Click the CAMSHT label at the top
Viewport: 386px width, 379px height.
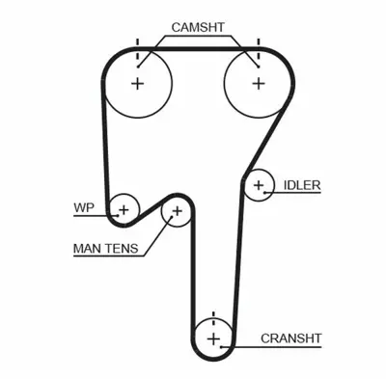(x=199, y=26)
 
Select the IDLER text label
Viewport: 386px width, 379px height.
(x=302, y=185)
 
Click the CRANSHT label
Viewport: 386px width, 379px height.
(x=290, y=338)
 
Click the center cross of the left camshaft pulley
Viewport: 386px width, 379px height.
(x=137, y=83)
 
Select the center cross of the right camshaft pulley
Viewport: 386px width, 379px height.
(x=258, y=83)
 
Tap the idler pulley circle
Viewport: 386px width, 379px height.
(x=259, y=185)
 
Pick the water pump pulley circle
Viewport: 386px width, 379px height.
(x=124, y=206)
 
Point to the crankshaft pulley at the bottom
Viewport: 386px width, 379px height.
(x=213, y=338)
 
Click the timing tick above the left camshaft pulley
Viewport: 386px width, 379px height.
(x=137, y=45)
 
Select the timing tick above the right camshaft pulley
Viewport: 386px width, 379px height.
(x=258, y=45)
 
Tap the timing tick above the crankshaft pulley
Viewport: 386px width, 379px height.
(x=213, y=314)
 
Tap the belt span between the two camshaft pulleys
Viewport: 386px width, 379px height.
(x=198, y=46)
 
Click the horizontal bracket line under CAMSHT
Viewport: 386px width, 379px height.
(x=198, y=40)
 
